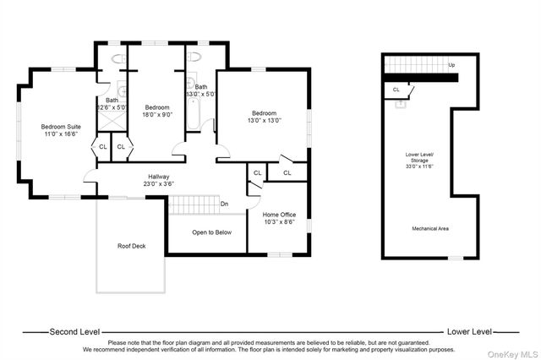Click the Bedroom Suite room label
point(61,127)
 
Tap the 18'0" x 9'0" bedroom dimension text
point(157,114)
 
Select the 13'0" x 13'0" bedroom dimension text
point(265,120)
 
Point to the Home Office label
point(279,215)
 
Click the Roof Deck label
point(132,246)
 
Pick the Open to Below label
point(211,232)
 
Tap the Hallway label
point(159,177)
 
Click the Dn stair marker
point(224,204)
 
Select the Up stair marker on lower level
point(451,65)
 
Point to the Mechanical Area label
point(430,229)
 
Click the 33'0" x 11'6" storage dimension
point(419,166)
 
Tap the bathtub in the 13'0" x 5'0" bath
point(194,114)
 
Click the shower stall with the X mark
point(112,121)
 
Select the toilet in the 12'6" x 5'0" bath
point(119,58)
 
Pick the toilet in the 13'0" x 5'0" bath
point(194,57)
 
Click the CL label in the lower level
point(396,90)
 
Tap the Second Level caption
point(74,332)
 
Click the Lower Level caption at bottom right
point(469,332)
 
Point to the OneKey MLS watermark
point(512,354)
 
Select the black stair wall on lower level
point(421,78)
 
